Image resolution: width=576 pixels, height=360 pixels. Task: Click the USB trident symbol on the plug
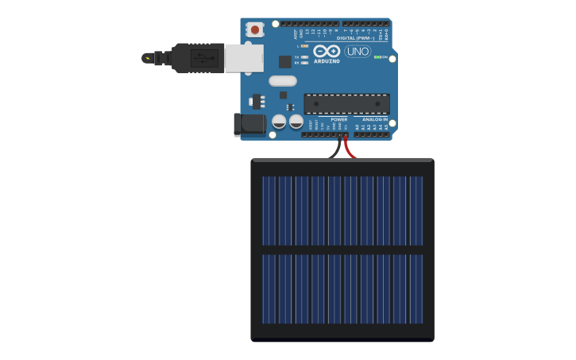coord(204,58)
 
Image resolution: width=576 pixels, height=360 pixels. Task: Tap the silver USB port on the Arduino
coord(244,58)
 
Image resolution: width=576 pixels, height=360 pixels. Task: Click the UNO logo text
coord(358,52)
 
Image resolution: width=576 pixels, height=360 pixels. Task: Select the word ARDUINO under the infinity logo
coord(327,61)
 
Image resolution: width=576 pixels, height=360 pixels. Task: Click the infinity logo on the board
coord(327,51)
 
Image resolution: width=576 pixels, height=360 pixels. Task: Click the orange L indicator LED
coord(305,46)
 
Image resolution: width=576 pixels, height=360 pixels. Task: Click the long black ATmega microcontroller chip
coord(346,103)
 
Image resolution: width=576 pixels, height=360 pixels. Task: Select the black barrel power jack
coord(249,124)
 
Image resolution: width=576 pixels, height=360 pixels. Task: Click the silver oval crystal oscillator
coord(282,81)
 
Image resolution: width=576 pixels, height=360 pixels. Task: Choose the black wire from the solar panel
coord(338,149)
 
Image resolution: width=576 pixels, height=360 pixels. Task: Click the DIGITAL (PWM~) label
coord(356,38)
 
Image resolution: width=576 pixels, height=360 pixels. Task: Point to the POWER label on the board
coord(339,119)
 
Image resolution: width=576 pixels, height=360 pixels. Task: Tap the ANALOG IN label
coord(375,119)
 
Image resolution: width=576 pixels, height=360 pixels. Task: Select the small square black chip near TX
coord(284,61)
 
